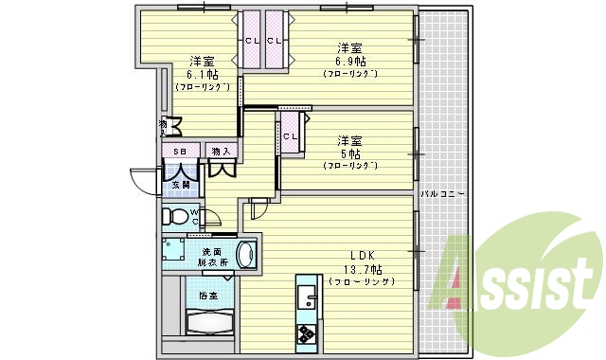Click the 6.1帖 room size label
pyautogui.click(x=200, y=73)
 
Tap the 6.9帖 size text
pyautogui.click(x=350, y=60)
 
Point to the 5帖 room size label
pyautogui.click(x=350, y=153)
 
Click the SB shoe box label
pyautogui.click(x=179, y=150)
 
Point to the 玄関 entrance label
pyautogui.click(x=181, y=185)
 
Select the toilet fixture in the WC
pyautogui.click(x=174, y=216)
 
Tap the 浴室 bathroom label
pyautogui.click(x=208, y=296)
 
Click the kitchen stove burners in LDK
pyautogui.click(x=308, y=334)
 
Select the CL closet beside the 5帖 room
pyautogui.click(x=291, y=136)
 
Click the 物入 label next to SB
pyautogui.click(x=221, y=150)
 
